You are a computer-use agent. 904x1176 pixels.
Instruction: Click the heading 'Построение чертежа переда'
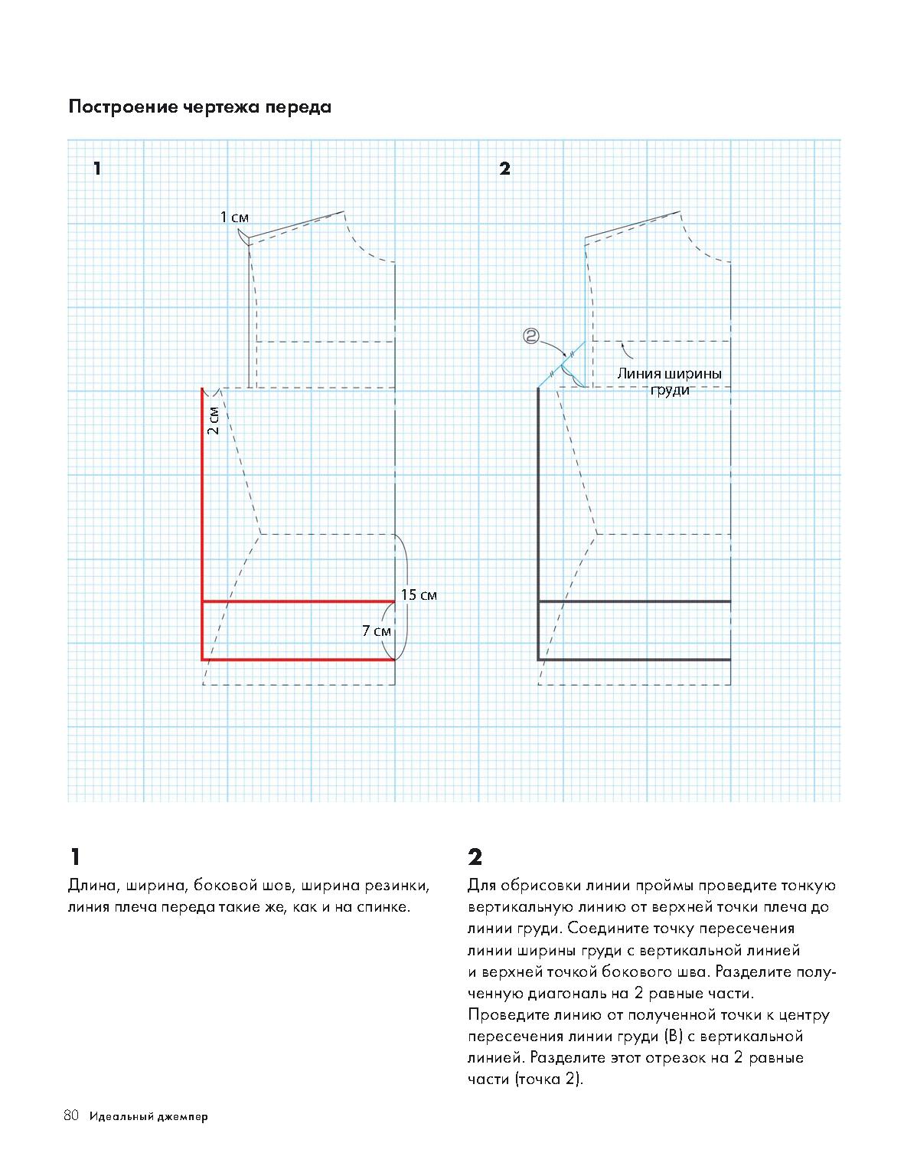click(x=200, y=107)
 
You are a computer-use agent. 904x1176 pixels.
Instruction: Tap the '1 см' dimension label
click(x=234, y=218)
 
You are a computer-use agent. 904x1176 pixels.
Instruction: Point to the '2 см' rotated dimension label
click(x=214, y=421)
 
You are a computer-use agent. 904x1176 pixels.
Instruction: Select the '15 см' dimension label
click(x=419, y=595)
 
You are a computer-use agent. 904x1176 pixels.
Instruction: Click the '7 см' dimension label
click(x=377, y=631)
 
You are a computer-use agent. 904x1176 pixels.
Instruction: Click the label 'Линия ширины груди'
click(x=670, y=382)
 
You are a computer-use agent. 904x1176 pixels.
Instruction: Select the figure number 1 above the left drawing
click(x=97, y=169)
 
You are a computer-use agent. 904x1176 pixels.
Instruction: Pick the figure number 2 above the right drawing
click(x=504, y=169)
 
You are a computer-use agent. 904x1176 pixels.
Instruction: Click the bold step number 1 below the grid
click(x=74, y=857)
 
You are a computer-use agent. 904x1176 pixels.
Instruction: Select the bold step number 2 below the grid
click(x=475, y=857)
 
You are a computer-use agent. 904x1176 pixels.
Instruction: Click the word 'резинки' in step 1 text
click(x=402, y=886)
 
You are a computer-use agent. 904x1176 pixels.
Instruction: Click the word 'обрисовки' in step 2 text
click(x=541, y=886)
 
